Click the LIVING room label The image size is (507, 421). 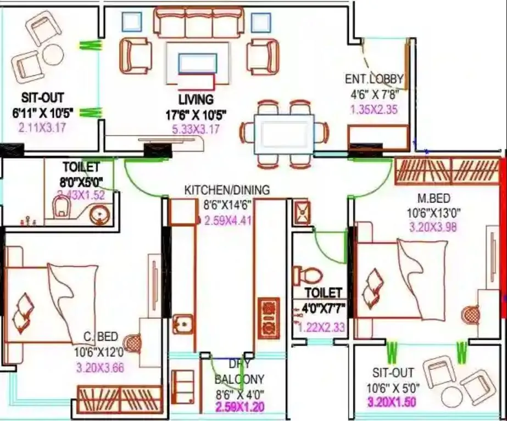[196, 100]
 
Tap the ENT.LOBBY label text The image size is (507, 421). [374, 79]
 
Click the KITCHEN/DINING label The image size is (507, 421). [227, 190]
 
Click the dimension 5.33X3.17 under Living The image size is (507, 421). [196, 129]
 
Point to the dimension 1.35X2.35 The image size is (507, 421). [374, 109]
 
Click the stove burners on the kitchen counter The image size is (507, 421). [269, 318]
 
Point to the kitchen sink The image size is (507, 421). [182, 323]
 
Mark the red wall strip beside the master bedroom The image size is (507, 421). [503, 231]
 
